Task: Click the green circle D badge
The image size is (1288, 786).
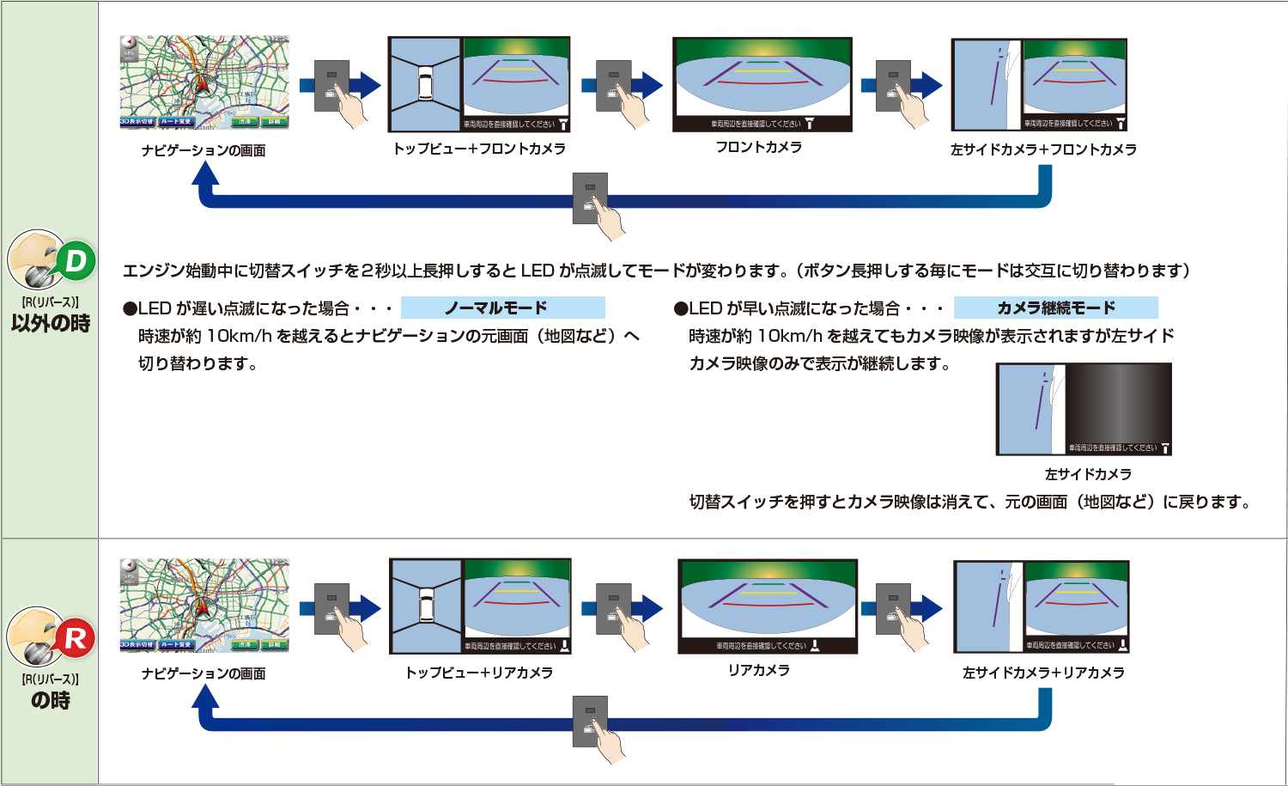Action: click(76, 261)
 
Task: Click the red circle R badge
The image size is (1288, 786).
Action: click(76, 638)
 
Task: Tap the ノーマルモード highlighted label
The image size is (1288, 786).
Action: click(502, 308)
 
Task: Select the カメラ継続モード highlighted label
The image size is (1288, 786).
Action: click(1055, 308)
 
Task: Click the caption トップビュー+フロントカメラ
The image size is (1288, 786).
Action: click(479, 149)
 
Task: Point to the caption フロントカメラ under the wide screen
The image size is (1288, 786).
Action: click(759, 147)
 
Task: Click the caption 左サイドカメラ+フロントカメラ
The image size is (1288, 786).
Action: click(1043, 149)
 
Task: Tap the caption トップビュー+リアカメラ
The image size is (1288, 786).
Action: click(479, 673)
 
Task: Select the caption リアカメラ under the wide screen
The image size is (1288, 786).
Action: click(759, 670)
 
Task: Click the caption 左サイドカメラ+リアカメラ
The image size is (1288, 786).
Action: click(1043, 673)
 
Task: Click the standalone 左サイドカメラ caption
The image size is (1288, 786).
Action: click(1088, 474)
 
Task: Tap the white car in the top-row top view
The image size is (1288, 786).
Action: click(425, 84)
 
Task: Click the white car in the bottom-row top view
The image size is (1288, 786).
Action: click(426, 606)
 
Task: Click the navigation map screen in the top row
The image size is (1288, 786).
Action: click(204, 82)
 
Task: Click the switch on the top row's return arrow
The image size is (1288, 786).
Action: click(590, 198)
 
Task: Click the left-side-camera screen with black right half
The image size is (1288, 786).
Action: click(1084, 409)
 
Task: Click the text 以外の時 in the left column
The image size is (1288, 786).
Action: click(51, 324)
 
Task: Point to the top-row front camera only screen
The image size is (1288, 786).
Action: click(762, 84)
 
